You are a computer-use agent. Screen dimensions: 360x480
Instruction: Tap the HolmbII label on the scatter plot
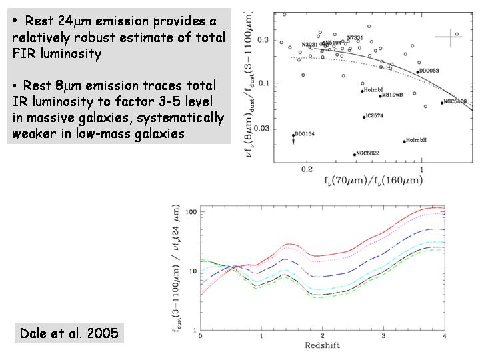(415, 139)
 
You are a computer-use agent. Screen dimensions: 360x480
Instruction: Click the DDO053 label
(429, 71)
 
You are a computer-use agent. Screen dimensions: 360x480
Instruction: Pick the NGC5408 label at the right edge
(456, 101)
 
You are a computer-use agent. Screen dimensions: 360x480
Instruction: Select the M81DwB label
(391, 95)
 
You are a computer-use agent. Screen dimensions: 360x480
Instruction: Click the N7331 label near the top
(357, 38)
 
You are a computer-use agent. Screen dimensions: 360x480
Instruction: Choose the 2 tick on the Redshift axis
(322, 337)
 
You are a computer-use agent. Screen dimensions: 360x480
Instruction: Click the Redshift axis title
(322, 346)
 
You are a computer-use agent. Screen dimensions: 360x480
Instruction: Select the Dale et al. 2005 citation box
(69, 333)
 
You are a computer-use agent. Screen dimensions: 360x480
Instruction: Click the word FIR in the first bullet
(24, 54)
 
